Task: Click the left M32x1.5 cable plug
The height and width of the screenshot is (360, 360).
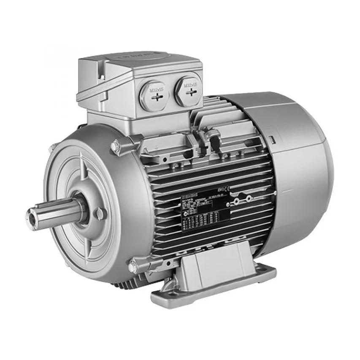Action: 156,95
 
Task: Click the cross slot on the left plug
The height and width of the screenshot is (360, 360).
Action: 157,98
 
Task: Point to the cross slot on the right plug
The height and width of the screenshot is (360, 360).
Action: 191,92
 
